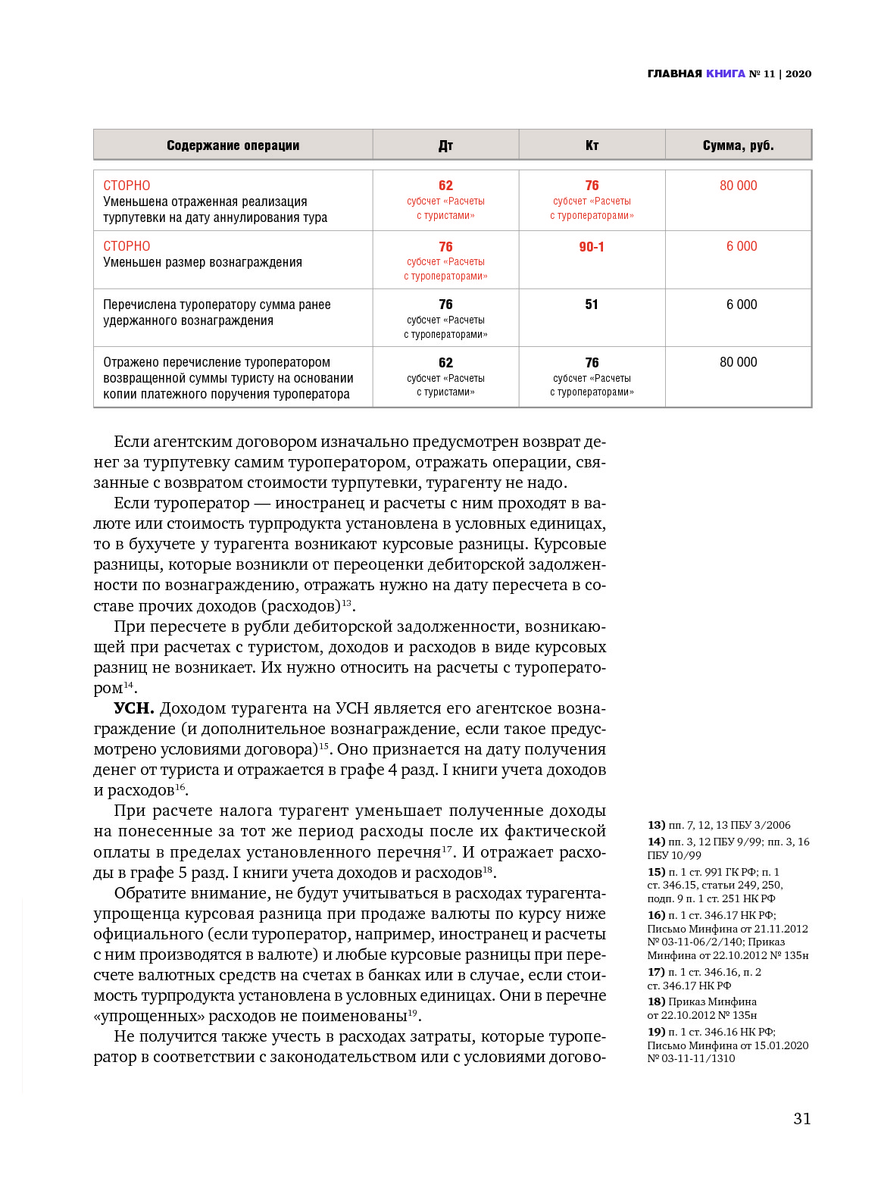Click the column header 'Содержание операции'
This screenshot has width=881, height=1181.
[x=233, y=145]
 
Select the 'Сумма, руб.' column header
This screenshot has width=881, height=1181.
[x=738, y=145]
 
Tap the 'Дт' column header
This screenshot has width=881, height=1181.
[x=445, y=145]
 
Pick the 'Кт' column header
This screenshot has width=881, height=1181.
[x=592, y=145]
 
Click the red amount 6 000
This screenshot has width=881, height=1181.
[x=742, y=246]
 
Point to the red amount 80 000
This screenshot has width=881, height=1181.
[x=738, y=186]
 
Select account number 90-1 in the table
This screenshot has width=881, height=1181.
[x=592, y=247]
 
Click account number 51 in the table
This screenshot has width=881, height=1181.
[x=592, y=305]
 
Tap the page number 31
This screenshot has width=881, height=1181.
[x=802, y=1119]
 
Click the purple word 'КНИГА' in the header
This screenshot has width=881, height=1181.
[x=725, y=73]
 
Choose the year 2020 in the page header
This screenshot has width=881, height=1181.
[x=798, y=73]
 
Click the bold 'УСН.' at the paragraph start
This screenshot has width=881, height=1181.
[x=134, y=708]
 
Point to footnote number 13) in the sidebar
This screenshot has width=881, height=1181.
[x=656, y=825]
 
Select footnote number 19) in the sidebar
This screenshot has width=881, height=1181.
[x=656, y=1032]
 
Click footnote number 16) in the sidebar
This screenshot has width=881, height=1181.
[x=656, y=915]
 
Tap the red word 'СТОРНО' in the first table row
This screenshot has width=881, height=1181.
[x=127, y=186]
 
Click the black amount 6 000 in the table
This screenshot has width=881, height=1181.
[x=742, y=305]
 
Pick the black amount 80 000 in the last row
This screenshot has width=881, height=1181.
[x=738, y=362]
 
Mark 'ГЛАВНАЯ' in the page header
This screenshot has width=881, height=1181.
[x=675, y=73]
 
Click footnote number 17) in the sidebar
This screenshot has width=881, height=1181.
[x=656, y=972]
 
